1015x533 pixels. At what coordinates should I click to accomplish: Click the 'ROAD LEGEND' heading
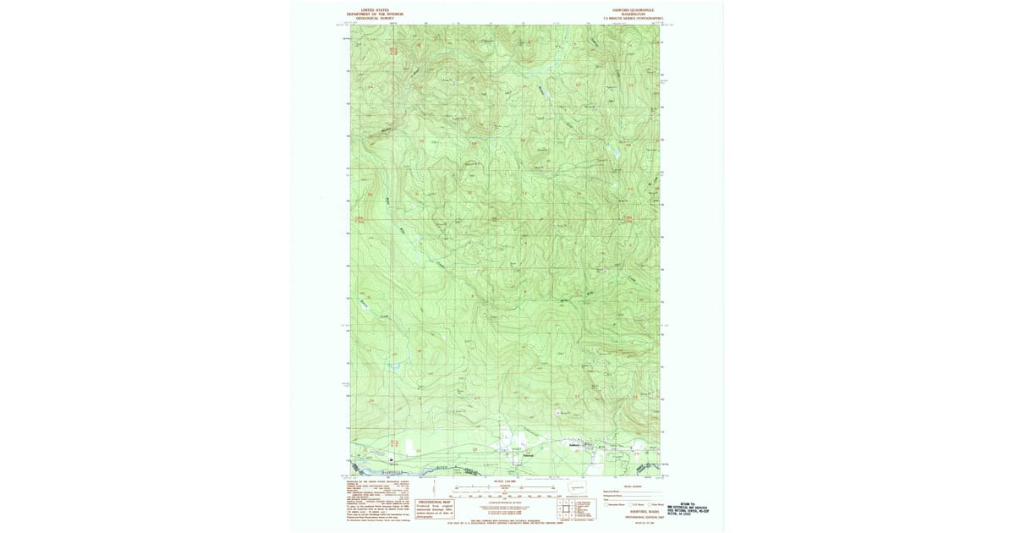pyautogui.click(x=632, y=486)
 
